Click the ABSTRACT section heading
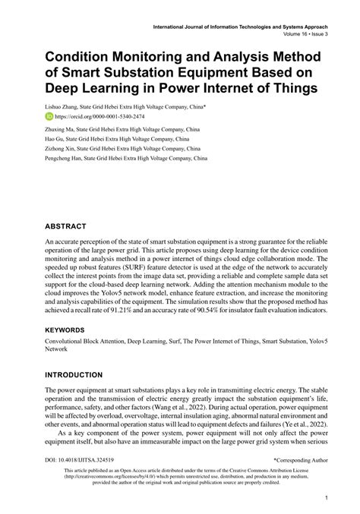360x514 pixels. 70,225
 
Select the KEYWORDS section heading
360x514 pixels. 71,331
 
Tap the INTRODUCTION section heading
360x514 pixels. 84,375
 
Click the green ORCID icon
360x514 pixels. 50,118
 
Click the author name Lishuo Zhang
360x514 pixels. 67,108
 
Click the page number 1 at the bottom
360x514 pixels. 324,499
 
